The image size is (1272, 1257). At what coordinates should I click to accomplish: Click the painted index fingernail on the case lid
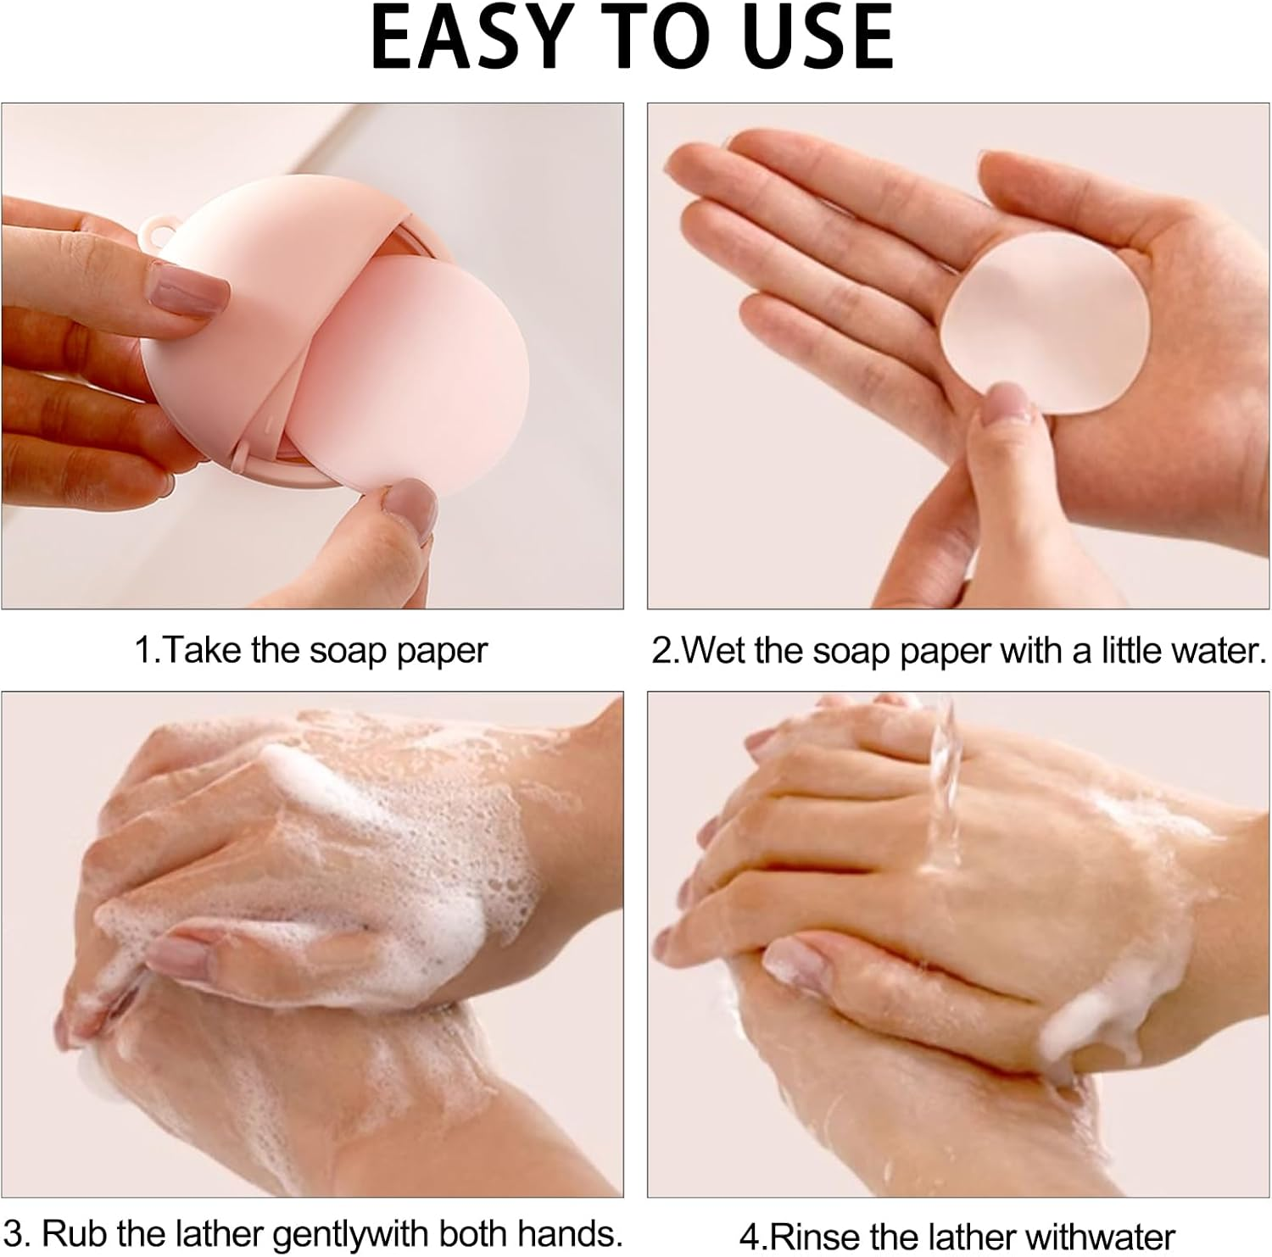[188, 288]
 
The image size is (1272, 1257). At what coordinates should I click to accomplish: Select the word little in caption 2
[1136, 651]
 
